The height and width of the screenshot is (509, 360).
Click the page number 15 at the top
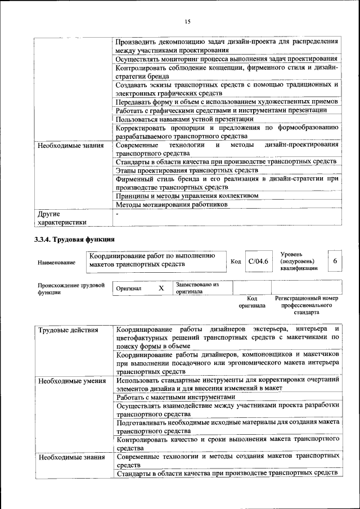(x=188, y=21)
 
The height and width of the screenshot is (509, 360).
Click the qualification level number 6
(x=335, y=262)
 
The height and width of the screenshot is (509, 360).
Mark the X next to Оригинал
(x=160, y=288)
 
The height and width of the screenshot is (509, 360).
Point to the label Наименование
(x=56, y=263)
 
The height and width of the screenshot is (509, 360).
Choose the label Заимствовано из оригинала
(x=197, y=288)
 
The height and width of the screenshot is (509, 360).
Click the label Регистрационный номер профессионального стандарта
(x=306, y=304)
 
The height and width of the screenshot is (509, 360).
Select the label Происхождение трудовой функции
(x=71, y=289)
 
